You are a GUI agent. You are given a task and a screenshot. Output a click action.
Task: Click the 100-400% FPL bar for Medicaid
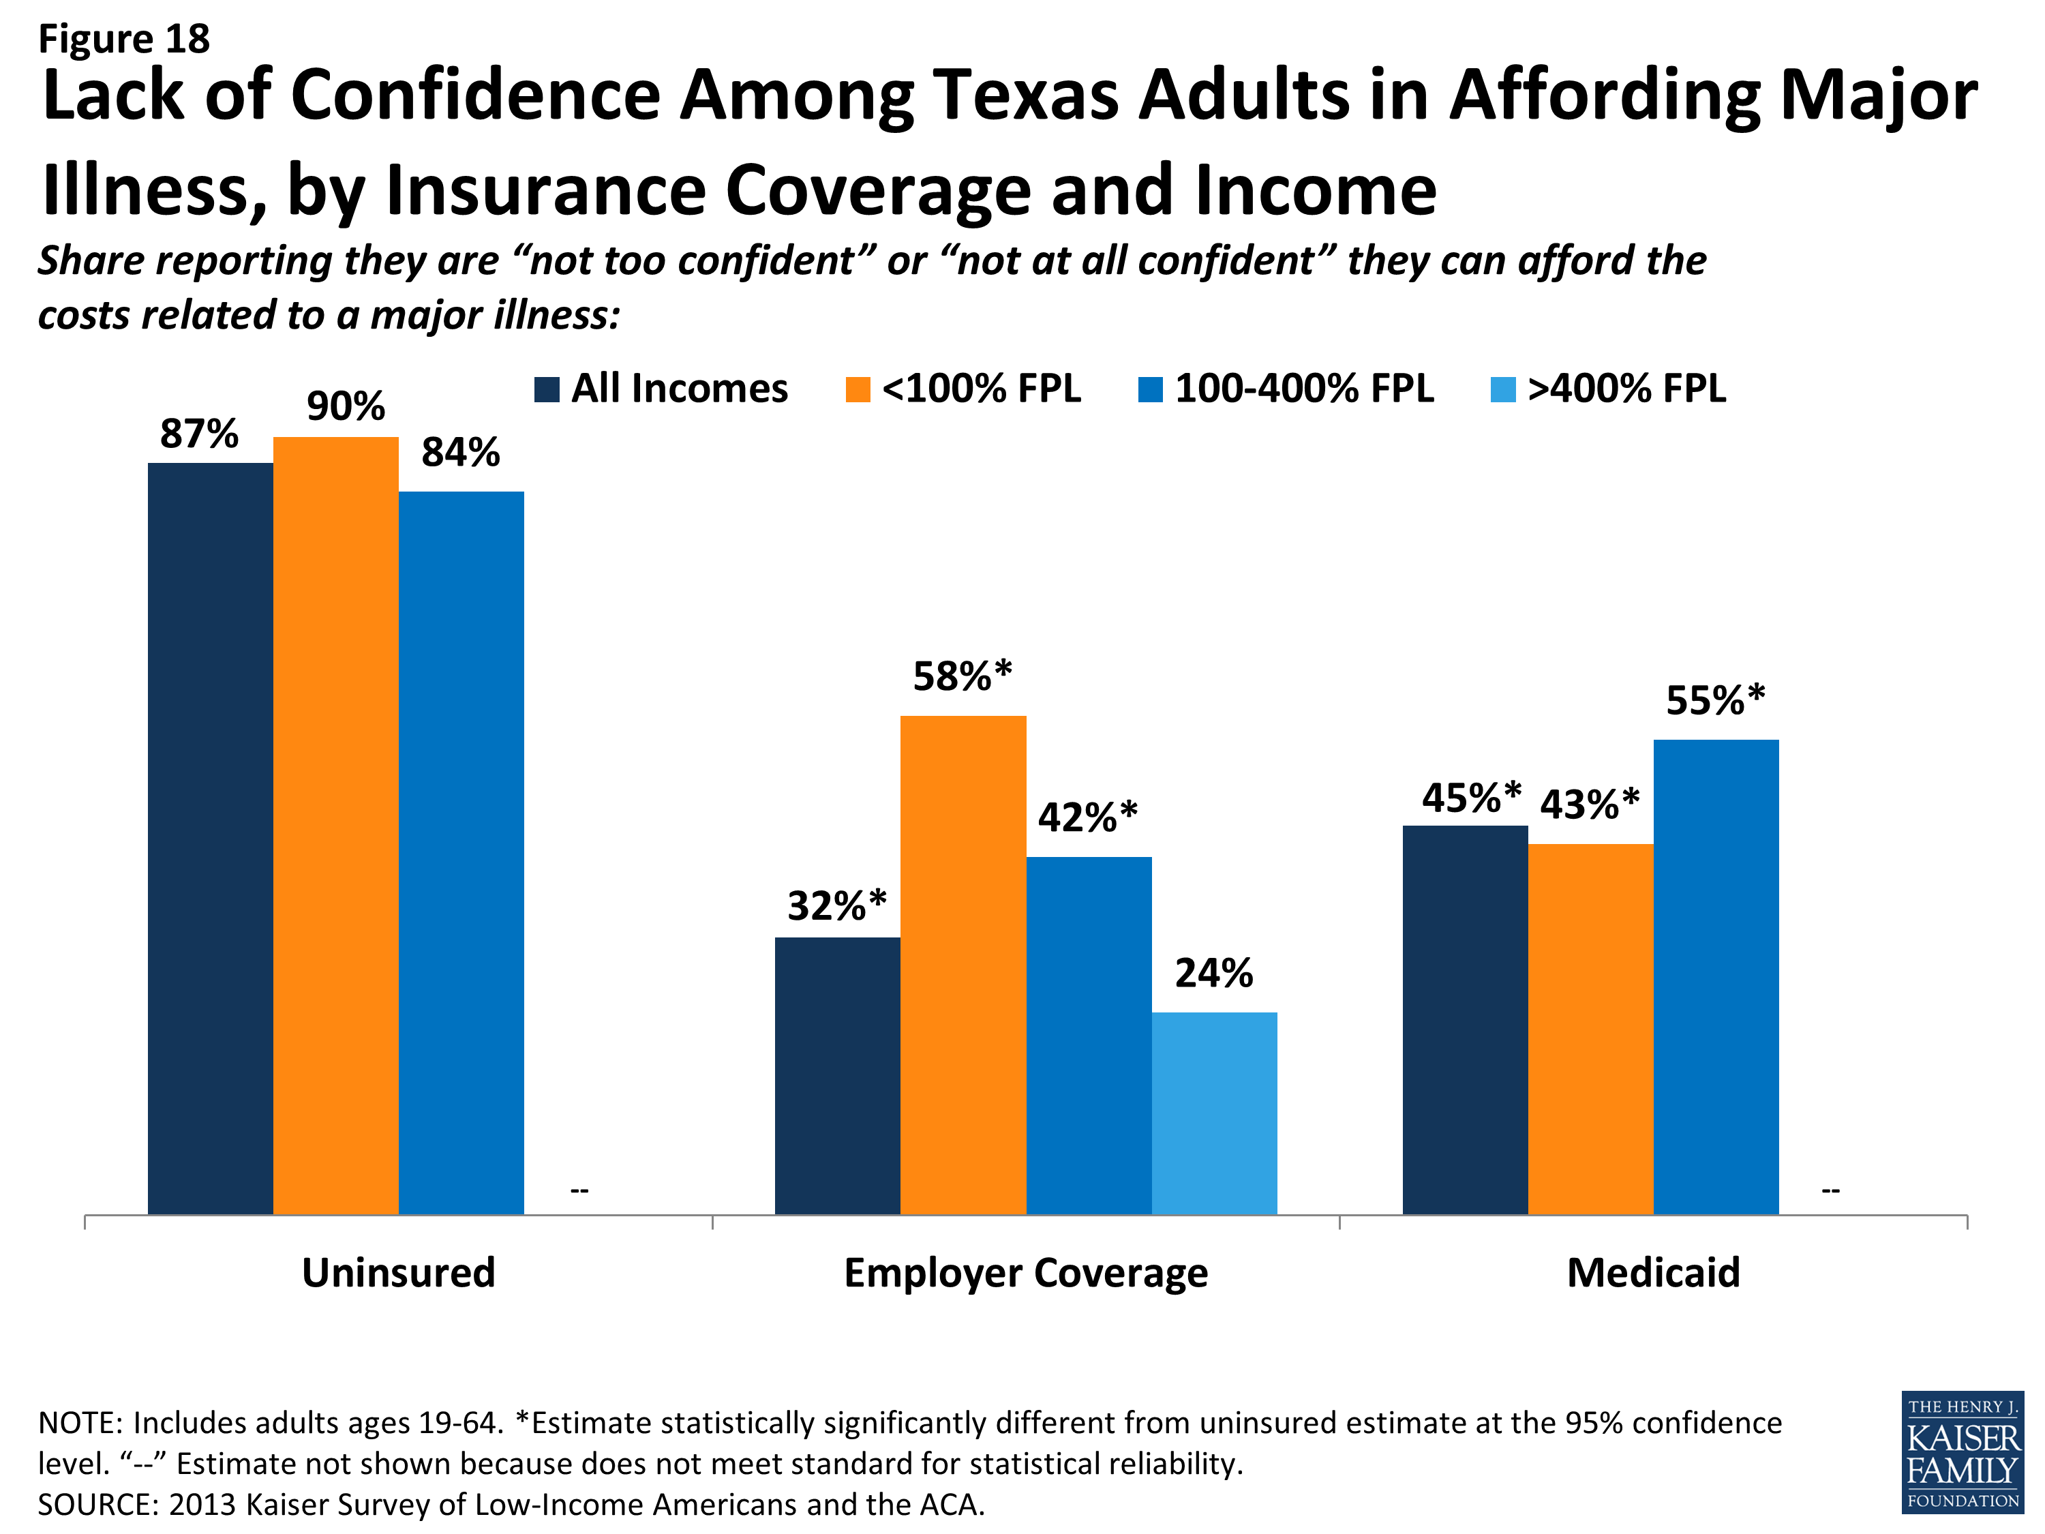pos(1715,976)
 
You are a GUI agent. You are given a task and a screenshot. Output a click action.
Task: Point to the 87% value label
pos(199,434)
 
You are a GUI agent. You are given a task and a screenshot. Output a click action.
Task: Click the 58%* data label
pos(961,676)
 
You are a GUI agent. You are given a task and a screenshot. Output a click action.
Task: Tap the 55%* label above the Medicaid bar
pos(1715,700)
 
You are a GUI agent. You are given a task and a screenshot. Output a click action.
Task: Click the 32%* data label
pos(836,905)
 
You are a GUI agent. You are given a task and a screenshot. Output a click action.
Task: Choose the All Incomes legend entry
pos(662,389)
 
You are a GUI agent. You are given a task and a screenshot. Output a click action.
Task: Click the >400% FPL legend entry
pos(1609,389)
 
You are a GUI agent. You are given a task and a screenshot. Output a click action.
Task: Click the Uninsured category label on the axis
pos(399,1272)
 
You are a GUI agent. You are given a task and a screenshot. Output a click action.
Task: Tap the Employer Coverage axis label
pos(1025,1272)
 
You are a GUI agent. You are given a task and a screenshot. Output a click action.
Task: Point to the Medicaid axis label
pos(1653,1272)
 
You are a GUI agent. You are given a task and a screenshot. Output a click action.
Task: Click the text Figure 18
pos(124,39)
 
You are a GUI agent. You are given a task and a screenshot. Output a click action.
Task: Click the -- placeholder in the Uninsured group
pos(579,1190)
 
